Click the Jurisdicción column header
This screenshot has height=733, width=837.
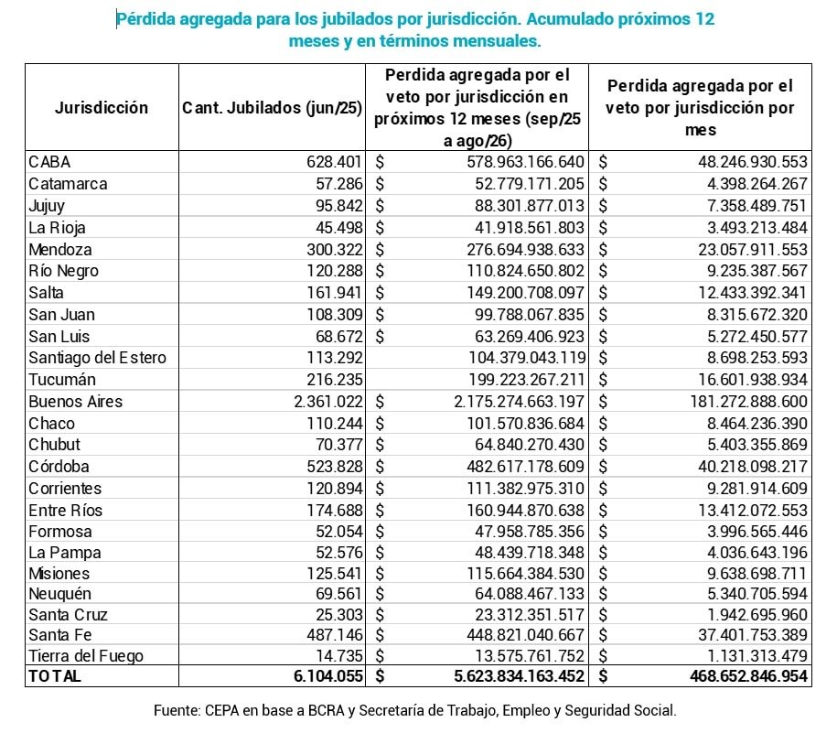[x=102, y=108]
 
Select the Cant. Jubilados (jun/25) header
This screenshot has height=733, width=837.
[x=272, y=108]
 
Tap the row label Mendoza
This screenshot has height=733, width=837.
[x=60, y=249]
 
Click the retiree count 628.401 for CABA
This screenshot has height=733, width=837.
[x=334, y=162]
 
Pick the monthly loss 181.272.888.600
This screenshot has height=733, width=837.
[x=737, y=401]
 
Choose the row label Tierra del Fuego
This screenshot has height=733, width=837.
[x=86, y=655]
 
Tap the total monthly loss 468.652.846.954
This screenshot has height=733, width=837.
[x=725, y=676]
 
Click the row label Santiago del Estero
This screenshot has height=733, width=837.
[x=97, y=358]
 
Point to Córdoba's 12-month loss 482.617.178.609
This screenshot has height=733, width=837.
[x=514, y=467]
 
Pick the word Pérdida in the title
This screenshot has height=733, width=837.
[x=146, y=19]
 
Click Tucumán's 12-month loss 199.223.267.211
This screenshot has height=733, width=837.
[x=514, y=380]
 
